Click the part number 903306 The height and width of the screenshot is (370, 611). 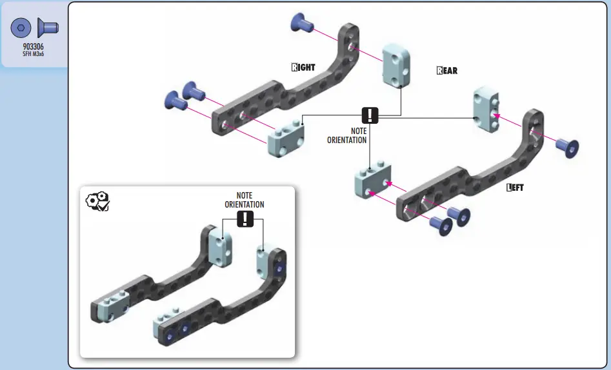[33, 47]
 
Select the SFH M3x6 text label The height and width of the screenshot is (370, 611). [33, 55]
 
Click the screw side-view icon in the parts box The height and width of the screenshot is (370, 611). [48, 28]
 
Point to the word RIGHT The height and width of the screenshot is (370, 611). [303, 67]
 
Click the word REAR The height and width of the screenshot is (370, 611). [447, 71]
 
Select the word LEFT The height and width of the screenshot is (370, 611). [516, 188]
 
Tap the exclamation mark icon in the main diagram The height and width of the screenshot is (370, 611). [370, 115]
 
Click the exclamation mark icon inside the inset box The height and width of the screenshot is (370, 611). [245, 219]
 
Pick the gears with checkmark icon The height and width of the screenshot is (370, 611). [98, 202]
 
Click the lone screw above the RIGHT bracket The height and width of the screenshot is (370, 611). [302, 24]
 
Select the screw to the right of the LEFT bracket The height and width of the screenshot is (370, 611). [566, 147]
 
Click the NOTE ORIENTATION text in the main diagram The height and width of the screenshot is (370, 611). [351, 135]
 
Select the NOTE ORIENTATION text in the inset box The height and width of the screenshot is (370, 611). [245, 200]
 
